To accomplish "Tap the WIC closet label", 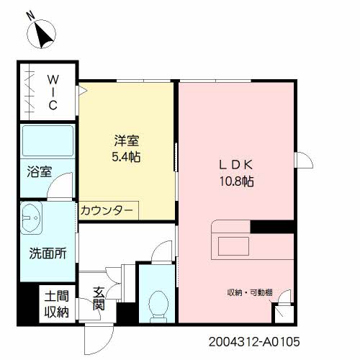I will pos(53,92).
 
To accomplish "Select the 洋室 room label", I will pos(125,140).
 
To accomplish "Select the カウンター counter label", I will pos(107,210).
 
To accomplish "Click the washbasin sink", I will pos(32,216).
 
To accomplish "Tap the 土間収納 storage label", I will pos(56,303).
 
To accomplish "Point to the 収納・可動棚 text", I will pos(250,292).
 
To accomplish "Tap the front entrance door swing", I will pos(96,337).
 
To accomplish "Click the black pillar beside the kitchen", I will pos(272,226).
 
